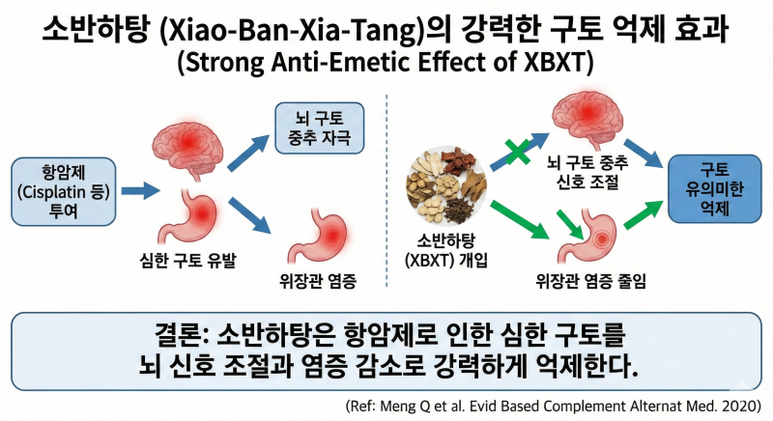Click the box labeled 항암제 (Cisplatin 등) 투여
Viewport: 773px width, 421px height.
pos(64,191)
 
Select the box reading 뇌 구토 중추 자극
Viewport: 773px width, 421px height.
pos(320,128)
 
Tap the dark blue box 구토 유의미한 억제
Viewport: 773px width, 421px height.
pos(714,189)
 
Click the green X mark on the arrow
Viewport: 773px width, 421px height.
pos(517,152)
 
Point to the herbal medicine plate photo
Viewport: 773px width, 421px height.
pos(446,185)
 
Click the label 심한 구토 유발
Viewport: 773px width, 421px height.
pos(187,260)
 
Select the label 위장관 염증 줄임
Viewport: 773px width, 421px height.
pos(591,281)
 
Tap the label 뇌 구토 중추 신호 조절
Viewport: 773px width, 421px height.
pos(587,172)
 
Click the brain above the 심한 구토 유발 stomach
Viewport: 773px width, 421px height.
pos(187,148)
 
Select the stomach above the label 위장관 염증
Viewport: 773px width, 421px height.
pos(318,236)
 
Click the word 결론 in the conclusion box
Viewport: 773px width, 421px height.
pos(178,336)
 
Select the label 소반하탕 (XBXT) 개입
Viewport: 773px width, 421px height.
pos(446,251)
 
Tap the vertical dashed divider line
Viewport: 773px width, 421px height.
pos(386,190)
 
